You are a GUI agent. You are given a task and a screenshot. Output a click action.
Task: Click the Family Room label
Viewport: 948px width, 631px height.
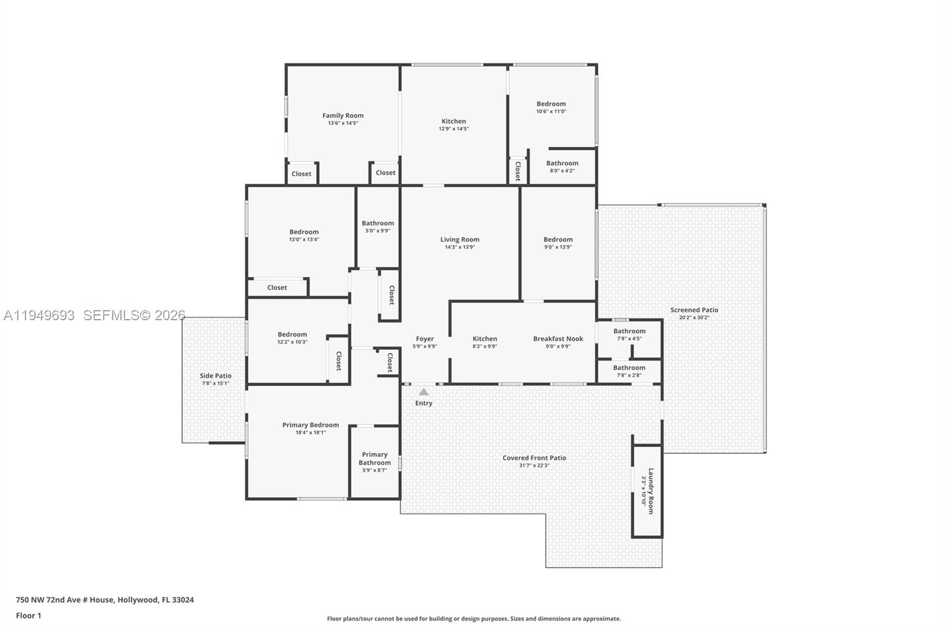point(342,115)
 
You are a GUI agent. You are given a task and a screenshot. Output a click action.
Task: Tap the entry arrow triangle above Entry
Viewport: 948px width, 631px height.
point(424,392)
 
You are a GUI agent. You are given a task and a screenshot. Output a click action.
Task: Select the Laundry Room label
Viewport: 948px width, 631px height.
point(651,491)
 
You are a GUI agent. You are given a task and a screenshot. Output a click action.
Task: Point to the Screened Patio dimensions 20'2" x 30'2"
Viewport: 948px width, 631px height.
point(694,318)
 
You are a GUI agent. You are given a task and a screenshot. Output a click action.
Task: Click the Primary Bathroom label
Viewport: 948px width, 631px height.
point(374,459)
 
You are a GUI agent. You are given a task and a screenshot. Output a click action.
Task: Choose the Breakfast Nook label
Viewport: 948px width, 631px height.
point(558,339)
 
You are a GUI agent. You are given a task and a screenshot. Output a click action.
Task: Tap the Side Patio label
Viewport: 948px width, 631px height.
point(215,376)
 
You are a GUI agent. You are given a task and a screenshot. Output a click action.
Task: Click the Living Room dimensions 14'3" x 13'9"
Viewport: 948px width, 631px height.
point(460,247)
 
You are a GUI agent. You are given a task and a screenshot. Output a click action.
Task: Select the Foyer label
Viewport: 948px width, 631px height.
point(424,339)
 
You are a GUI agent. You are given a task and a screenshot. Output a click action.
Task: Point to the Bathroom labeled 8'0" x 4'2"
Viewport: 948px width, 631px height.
point(562,163)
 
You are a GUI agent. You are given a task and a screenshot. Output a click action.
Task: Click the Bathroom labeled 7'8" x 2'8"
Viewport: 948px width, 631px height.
point(629,368)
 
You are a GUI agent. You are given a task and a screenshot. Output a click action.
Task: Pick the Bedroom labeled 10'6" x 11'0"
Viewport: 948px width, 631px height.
point(551,104)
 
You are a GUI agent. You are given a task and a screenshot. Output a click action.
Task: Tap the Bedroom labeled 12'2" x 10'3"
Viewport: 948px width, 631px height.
point(292,334)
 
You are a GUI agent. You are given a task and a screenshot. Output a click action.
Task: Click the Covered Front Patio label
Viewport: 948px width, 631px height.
point(534,458)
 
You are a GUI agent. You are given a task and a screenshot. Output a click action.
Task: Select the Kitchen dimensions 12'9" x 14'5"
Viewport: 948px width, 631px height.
point(453,129)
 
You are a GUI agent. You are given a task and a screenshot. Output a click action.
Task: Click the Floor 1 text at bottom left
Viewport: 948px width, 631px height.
point(28,616)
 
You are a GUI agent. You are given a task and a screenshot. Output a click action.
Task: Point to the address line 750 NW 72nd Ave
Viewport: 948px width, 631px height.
point(104,600)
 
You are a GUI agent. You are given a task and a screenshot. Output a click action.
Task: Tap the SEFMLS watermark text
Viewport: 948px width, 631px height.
point(134,315)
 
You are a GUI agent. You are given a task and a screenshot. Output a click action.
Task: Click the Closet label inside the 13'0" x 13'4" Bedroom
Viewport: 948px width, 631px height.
point(277,288)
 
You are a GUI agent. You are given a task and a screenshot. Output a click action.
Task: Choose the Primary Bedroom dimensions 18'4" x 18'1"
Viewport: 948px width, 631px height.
point(310,433)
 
